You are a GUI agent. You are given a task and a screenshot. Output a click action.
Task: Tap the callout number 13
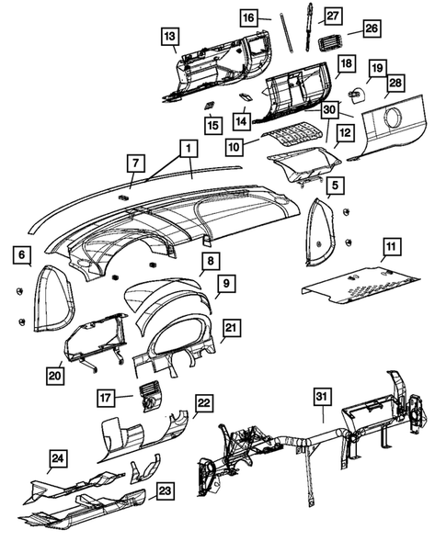pos(168,36)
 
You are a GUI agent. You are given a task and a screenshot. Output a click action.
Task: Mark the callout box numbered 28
pos(394,85)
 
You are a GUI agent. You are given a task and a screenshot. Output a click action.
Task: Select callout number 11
pos(391,247)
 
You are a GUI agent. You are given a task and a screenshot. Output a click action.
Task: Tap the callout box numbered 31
pos(322,397)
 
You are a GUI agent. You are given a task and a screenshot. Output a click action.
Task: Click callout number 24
pos(58,458)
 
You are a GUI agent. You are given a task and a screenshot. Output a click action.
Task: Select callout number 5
pos(336,186)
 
